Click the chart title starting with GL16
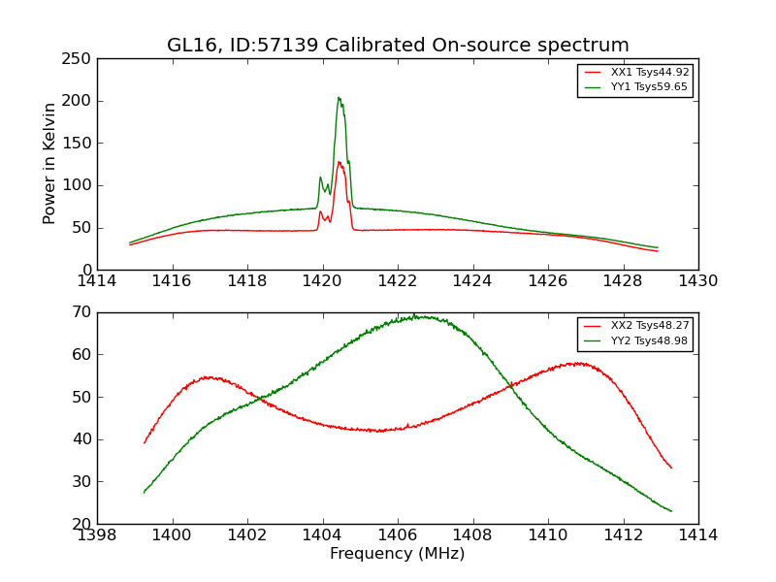[x=398, y=46]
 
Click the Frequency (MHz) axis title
[x=398, y=554]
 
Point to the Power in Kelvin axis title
[x=50, y=163]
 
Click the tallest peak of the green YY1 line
[x=339, y=97]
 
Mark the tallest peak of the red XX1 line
[x=339, y=162]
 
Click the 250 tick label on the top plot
[x=80, y=59]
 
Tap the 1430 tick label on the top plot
[x=698, y=280]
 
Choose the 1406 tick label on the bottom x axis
[x=398, y=534]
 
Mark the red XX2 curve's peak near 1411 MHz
[x=578, y=364]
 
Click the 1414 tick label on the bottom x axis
[x=698, y=534]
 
